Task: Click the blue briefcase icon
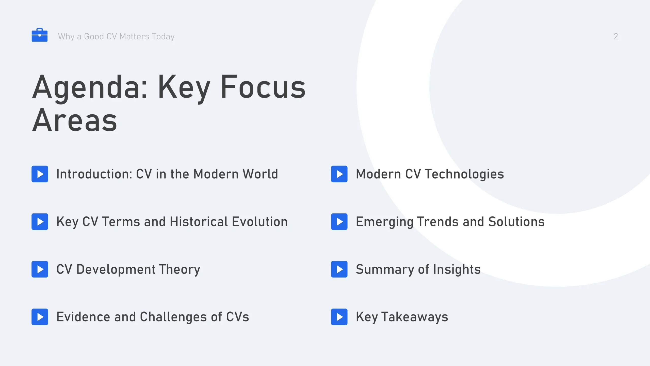click(40, 35)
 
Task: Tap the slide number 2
click(616, 36)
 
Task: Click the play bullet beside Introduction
click(40, 174)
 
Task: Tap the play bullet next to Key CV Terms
click(40, 222)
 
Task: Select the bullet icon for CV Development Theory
click(40, 269)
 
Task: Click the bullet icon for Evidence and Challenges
click(40, 317)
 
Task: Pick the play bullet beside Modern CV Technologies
click(339, 174)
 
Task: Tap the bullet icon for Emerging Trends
click(339, 222)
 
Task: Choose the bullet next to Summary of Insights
click(339, 269)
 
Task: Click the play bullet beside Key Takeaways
click(339, 317)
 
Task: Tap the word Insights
click(457, 270)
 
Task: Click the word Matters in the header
click(134, 37)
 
